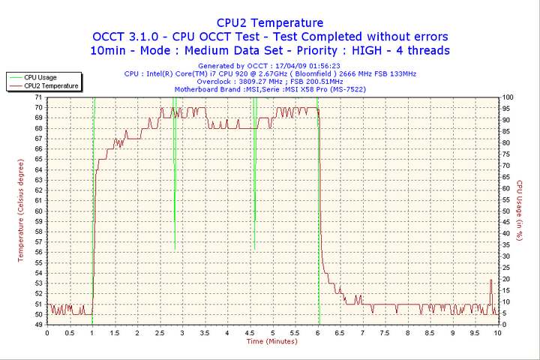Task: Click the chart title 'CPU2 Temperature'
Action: coord(270,22)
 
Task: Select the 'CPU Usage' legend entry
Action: coord(40,77)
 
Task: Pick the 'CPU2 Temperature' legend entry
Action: coord(51,85)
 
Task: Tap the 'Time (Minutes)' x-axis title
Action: coord(271,341)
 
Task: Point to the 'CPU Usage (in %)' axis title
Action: coord(519,211)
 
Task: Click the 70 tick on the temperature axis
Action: coord(38,107)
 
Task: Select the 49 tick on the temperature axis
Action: coord(38,324)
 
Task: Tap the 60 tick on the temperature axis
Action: coord(38,211)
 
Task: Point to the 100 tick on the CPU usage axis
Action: coord(508,97)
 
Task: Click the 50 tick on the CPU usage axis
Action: coord(507,211)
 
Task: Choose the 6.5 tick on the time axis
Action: coord(340,332)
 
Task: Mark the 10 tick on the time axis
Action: coord(497,332)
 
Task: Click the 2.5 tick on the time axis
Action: coord(160,332)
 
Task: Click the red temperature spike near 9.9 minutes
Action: coord(491,280)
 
